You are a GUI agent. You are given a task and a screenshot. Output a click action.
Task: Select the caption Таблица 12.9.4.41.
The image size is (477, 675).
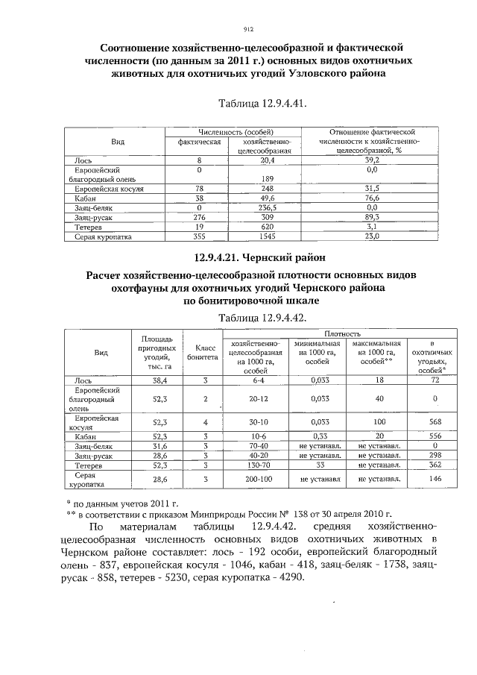point(262,103)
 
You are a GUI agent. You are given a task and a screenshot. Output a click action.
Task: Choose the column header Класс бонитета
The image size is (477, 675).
point(202,352)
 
